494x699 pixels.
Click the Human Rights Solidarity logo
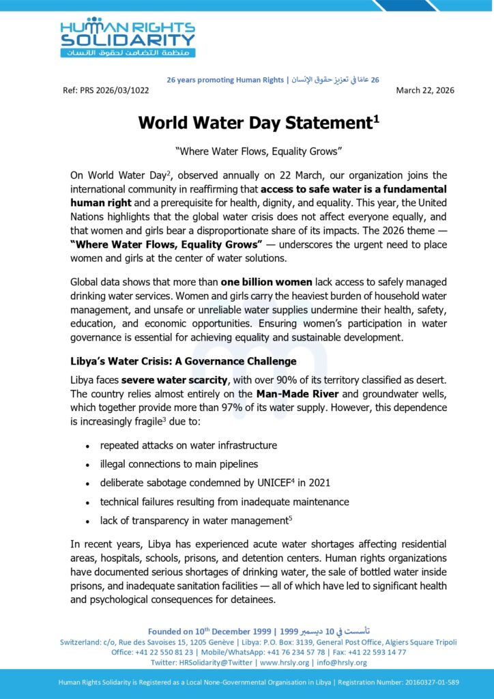tap(128, 38)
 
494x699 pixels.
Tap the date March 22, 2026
tap(425, 90)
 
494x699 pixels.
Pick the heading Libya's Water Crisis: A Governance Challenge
tap(184, 361)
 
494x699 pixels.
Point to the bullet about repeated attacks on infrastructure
tap(188, 445)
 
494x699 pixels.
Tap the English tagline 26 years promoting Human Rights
tap(225, 80)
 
